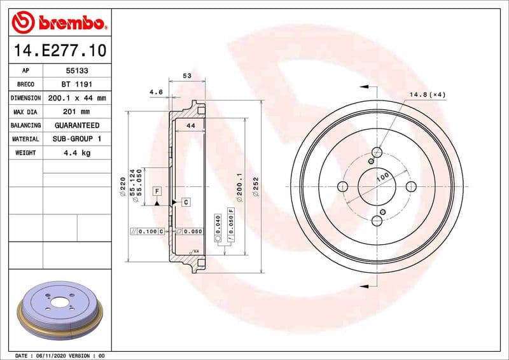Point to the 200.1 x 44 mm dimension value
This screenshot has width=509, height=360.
(x=75, y=99)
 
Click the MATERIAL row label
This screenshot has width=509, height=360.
(x=25, y=139)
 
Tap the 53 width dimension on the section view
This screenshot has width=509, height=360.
(x=187, y=76)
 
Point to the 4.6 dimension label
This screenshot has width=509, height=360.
(x=156, y=92)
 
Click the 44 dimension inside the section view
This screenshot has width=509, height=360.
(x=190, y=126)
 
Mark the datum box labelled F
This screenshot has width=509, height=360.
(x=157, y=191)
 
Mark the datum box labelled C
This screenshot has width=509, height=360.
(x=186, y=202)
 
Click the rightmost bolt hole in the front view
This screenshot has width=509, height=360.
(x=410, y=186)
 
